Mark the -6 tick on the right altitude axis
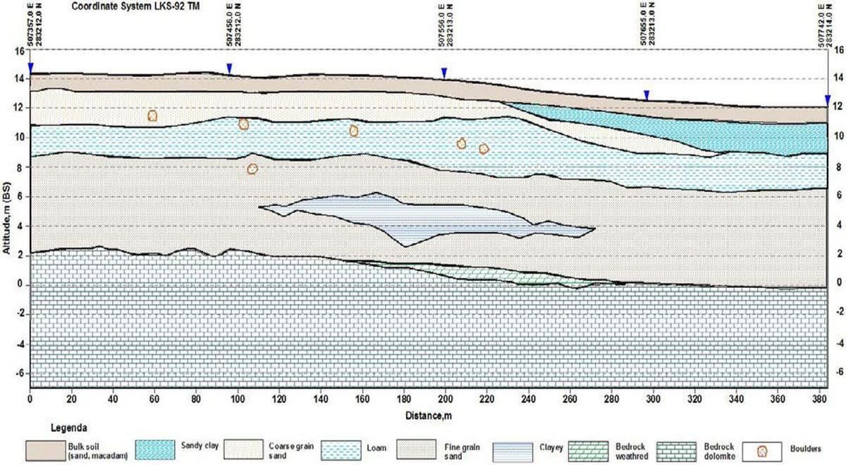coord(839,373)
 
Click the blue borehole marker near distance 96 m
coord(229,68)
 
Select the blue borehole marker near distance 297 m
coord(646,95)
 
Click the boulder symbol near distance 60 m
coord(152,116)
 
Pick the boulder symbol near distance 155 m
coord(354,131)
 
